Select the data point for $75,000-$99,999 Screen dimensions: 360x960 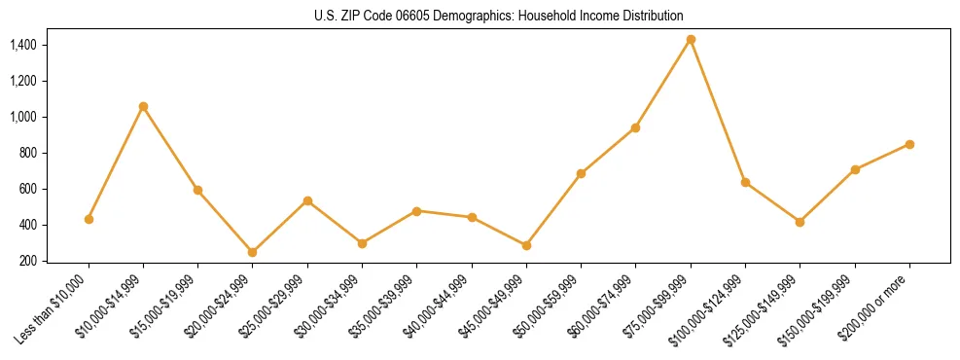(x=691, y=40)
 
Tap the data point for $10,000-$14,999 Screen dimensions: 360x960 (x=143, y=106)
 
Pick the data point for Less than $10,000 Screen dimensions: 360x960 (x=89, y=219)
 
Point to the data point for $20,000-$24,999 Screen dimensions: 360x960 (x=253, y=252)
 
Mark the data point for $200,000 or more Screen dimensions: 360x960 (x=909, y=144)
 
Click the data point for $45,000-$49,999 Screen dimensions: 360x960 (x=526, y=245)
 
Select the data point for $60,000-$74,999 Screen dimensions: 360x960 (x=636, y=127)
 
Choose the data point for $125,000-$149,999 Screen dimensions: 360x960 (x=800, y=222)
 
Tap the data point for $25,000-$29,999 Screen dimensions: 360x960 (x=307, y=200)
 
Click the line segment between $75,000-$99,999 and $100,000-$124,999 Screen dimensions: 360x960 (x=718, y=111)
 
